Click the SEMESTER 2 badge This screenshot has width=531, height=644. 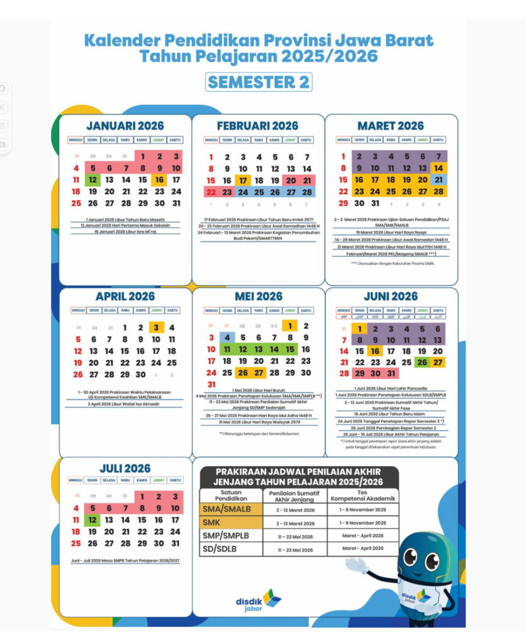tap(259, 82)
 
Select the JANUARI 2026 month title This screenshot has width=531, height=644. tap(125, 126)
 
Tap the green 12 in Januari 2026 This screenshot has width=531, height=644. tap(92, 180)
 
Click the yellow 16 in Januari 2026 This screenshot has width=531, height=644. tap(159, 180)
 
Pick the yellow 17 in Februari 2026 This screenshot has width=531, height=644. tap(242, 180)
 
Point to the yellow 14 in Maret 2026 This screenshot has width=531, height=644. tap(439, 169)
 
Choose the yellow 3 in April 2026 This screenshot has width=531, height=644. tap(156, 328)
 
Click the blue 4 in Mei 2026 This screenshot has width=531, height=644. tap(227, 338)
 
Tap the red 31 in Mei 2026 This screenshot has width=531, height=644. tap(211, 384)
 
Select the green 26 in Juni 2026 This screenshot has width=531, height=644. tap(422, 362)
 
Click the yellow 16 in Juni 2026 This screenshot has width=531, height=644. tap(375, 352)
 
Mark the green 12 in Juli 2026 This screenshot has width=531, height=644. tap(92, 520)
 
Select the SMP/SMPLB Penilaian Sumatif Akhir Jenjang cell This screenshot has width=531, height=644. tap(295, 536)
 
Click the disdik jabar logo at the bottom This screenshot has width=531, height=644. tap(258, 600)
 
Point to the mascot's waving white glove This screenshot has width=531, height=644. tap(357, 564)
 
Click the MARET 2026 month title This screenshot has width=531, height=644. tap(390, 126)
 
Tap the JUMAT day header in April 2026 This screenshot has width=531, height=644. tap(156, 311)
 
